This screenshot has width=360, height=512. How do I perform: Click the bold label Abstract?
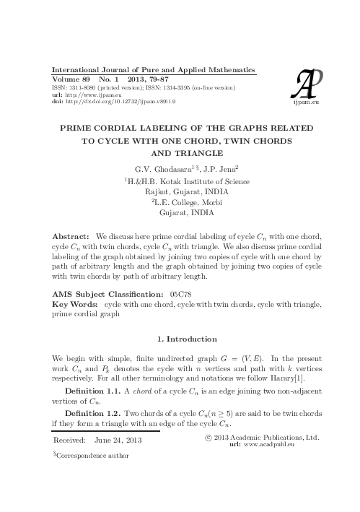(72, 236)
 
